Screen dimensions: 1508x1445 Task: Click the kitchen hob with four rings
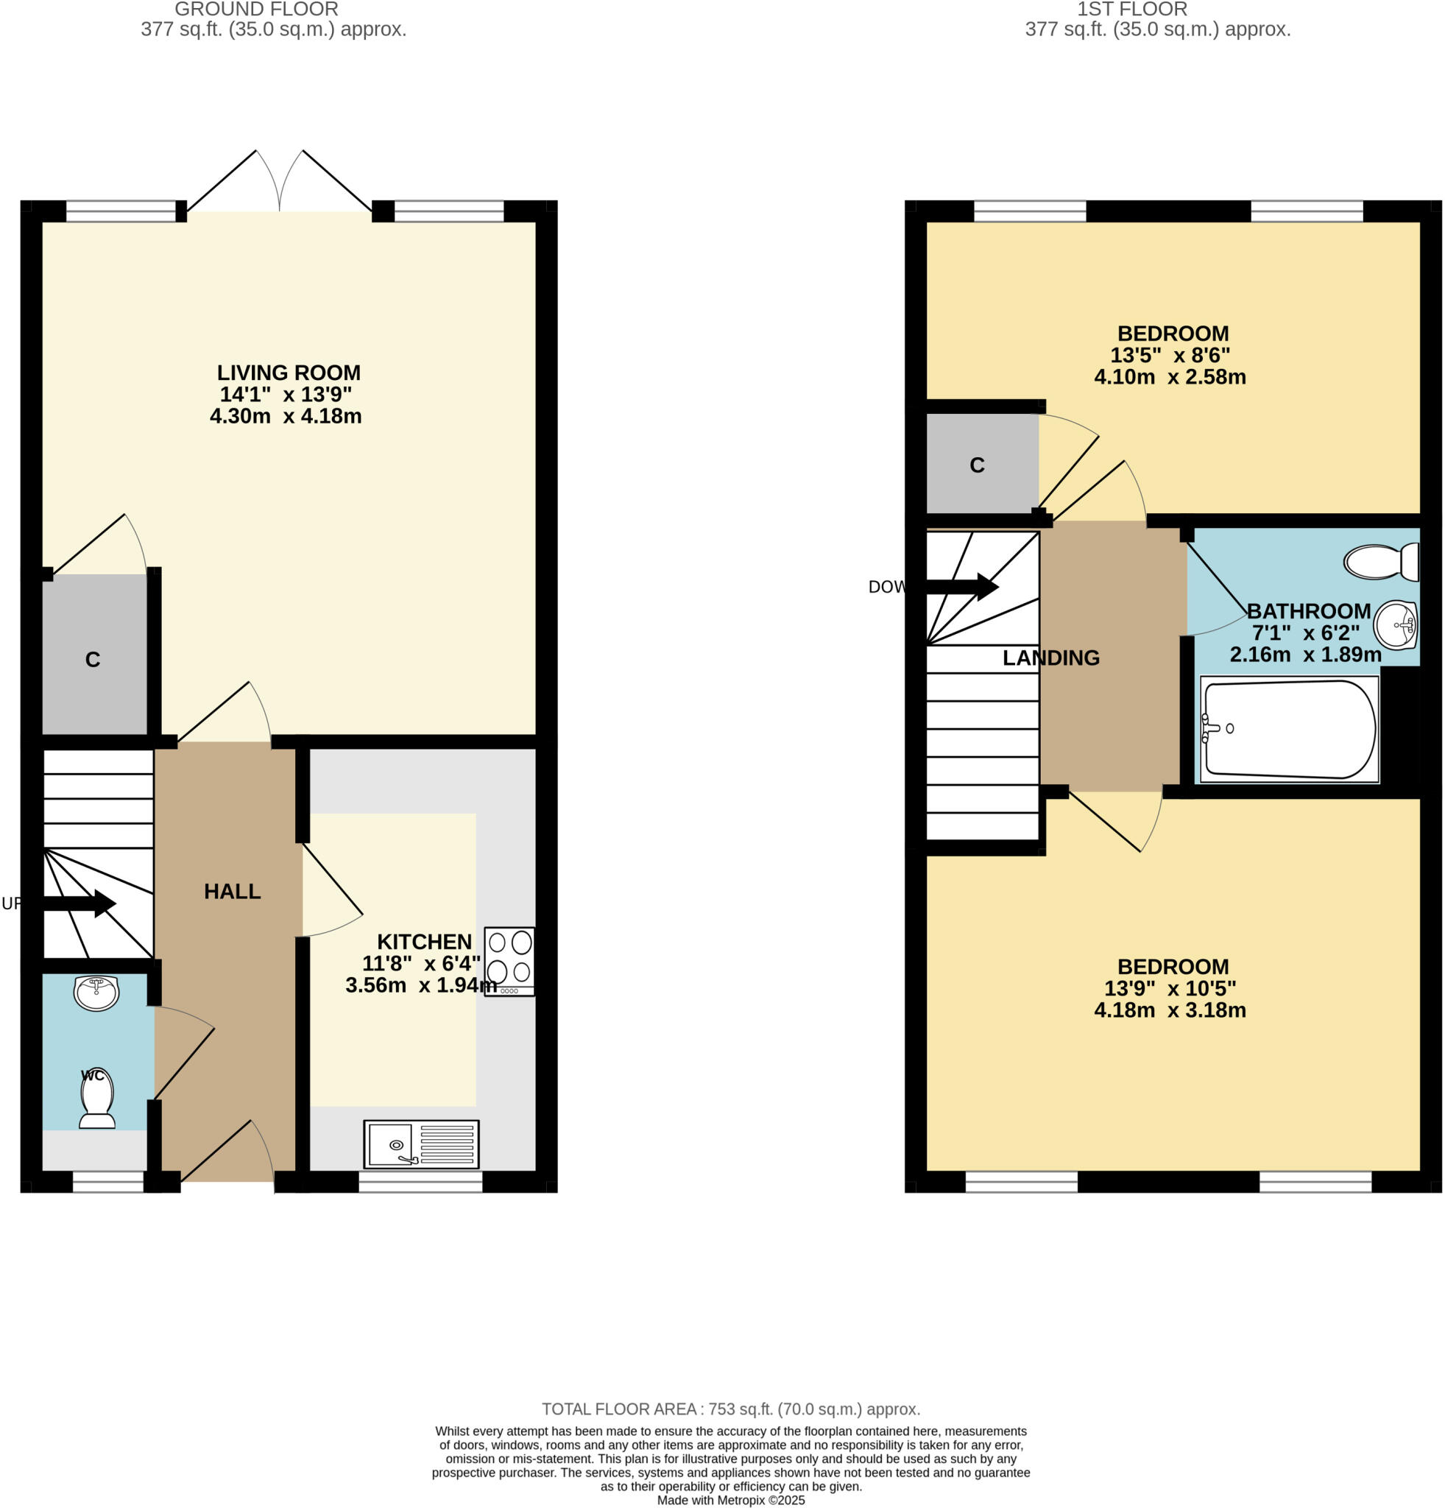[509, 961]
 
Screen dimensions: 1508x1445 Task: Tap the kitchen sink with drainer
[420, 1144]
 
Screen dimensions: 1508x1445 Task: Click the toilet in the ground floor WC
[98, 1099]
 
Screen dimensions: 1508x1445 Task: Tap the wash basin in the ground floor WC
[96, 993]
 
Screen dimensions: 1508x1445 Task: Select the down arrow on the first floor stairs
[961, 587]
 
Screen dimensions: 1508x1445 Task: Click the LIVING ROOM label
[289, 373]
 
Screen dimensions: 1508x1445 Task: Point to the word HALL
[233, 891]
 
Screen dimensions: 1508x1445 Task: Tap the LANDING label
[1050, 658]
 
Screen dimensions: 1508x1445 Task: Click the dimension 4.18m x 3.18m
[1170, 1010]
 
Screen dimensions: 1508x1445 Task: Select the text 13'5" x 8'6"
[1170, 355]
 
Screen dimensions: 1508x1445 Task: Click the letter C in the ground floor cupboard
[92, 659]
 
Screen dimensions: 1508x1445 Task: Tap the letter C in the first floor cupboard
[977, 465]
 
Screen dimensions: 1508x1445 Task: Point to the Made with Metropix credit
[730, 1501]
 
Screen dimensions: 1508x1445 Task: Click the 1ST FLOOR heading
[1131, 10]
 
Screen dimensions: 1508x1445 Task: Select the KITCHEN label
[424, 942]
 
